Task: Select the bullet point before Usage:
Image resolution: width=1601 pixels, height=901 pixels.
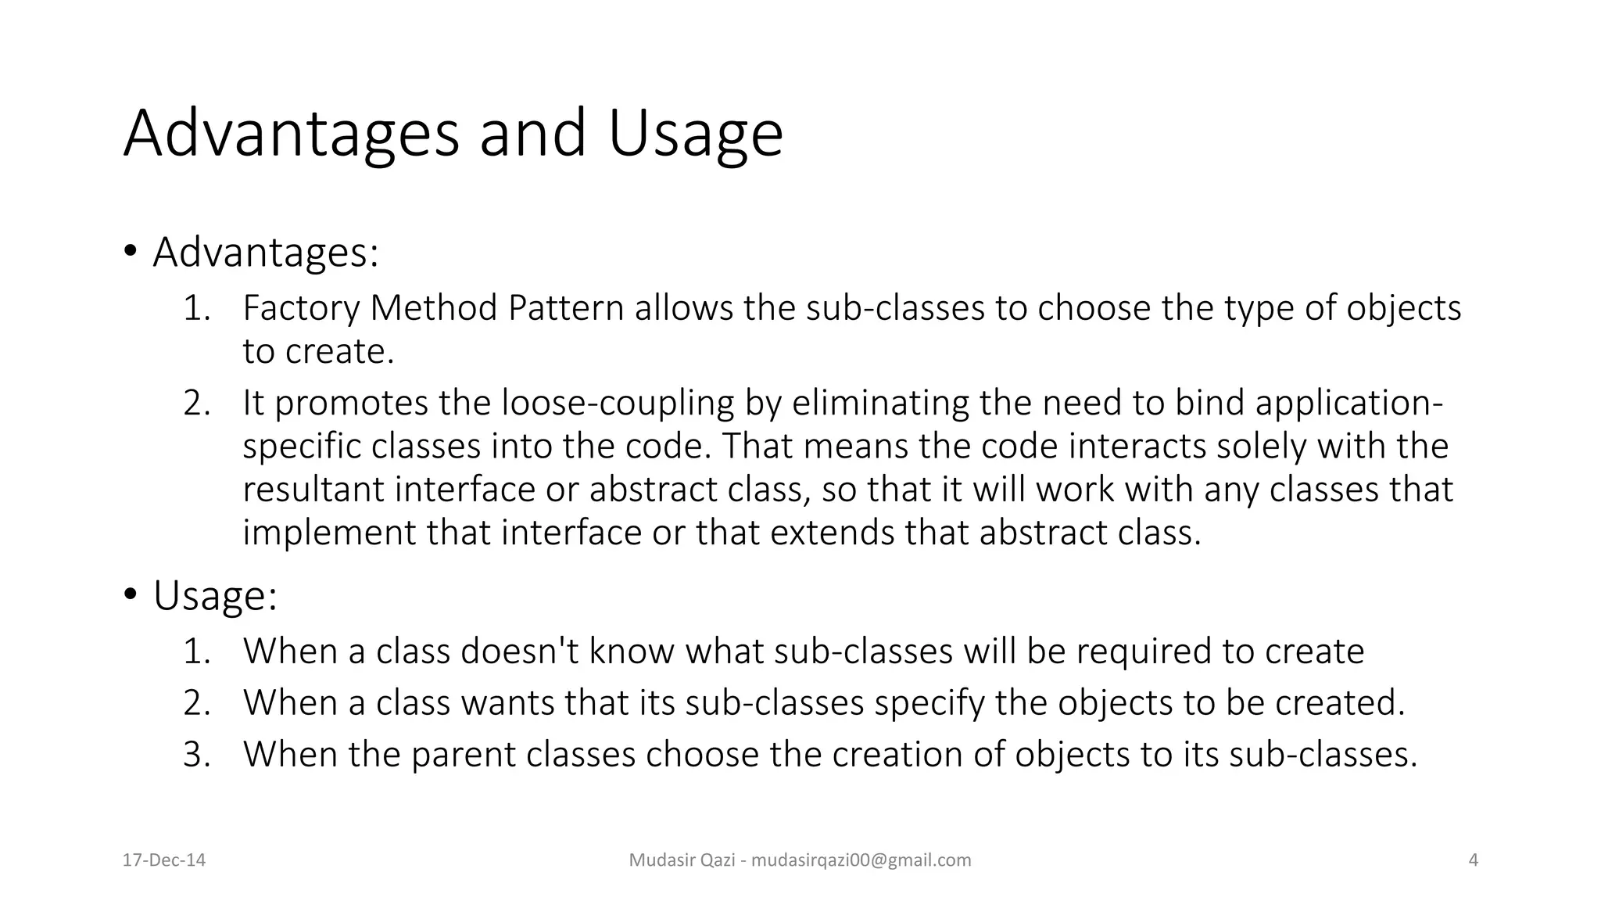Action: [130, 594]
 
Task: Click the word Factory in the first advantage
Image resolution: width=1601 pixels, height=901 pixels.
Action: [301, 308]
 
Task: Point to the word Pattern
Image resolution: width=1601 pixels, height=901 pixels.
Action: [566, 308]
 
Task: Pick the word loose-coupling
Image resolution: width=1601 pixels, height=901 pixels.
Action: [618, 404]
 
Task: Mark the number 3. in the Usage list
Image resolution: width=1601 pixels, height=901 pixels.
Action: [197, 754]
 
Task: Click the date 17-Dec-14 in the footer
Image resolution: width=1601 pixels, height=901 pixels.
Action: [164, 860]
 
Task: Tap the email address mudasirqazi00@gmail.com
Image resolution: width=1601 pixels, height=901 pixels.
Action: [860, 860]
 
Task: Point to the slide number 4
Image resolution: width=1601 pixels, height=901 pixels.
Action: [1474, 860]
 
